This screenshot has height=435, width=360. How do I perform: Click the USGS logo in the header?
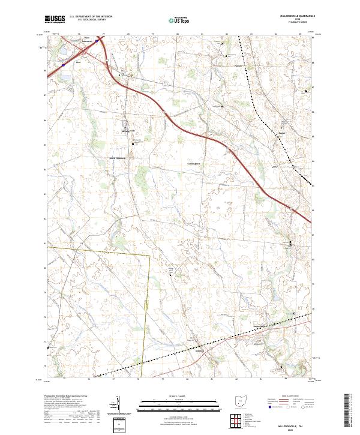point(55,19)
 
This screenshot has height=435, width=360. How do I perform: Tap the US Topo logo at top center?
point(179,20)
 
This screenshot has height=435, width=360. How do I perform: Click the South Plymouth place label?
point(118,158)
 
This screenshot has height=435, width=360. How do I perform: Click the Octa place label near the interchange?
point(78,62)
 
